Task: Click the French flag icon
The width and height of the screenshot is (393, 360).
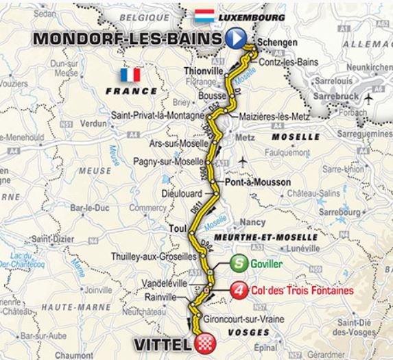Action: click(129, 75)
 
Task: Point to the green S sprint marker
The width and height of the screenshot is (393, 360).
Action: click(237, 262)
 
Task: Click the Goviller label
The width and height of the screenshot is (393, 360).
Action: click(267, 262)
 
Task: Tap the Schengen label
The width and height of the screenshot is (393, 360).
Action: click(279, 43)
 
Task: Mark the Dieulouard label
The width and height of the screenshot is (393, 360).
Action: click(182, 194)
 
